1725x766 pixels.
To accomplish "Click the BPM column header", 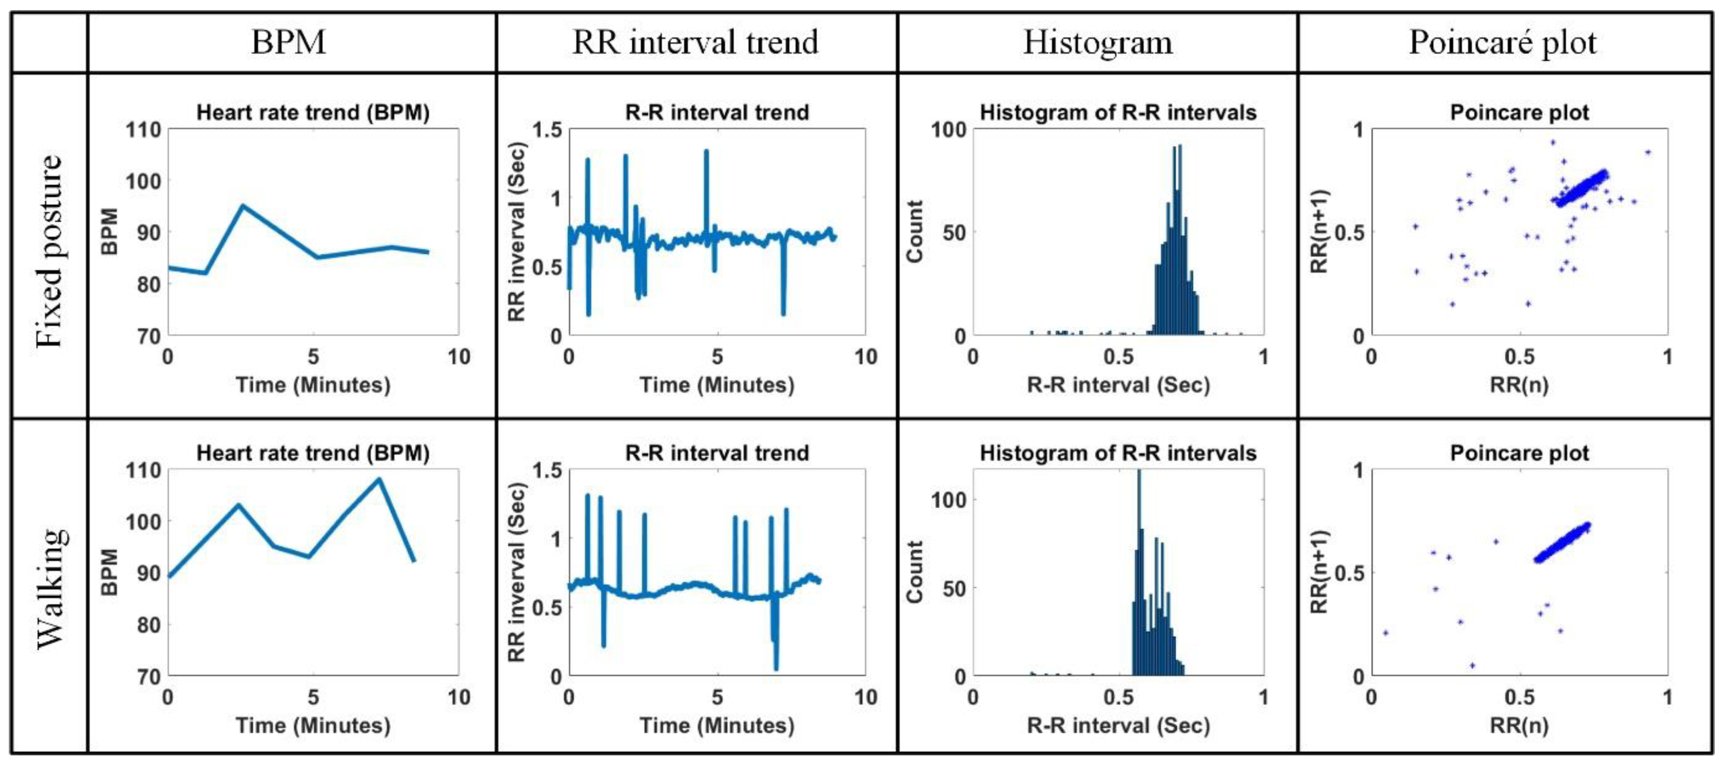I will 289,42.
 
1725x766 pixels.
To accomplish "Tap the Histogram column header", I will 1098,42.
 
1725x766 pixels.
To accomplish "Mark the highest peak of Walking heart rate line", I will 379,479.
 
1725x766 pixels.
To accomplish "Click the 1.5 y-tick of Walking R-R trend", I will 546,470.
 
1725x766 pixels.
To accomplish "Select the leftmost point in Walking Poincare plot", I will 1385,632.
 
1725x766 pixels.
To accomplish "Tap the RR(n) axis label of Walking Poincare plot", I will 1519,725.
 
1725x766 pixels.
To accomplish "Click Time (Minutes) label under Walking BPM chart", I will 313,725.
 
